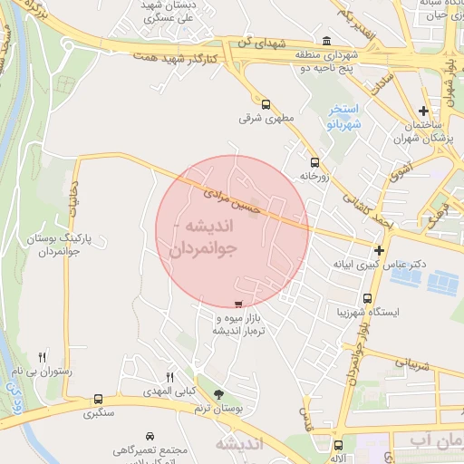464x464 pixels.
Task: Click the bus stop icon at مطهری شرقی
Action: coord(265,103)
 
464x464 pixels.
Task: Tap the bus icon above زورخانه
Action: coord(314,163)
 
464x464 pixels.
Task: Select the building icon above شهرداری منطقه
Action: coord(326,41)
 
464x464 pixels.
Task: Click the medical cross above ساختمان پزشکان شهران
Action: coord(423,111)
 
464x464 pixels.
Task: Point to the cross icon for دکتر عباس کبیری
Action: coord(379,250)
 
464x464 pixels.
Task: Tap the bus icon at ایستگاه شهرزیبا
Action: coord(367,298)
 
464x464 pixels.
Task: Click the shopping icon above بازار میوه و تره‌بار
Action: coord(238,305)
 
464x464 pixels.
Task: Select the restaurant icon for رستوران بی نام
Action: coord(42,358)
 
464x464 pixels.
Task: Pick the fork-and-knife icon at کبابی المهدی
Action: coord(169,376)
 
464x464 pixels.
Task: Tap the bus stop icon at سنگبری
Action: coord(98,399)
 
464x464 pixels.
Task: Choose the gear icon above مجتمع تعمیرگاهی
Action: coord(150,436)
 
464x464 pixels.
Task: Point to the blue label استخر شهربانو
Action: coord(343,115)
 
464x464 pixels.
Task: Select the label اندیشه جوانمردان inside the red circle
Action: coord(202,235)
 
